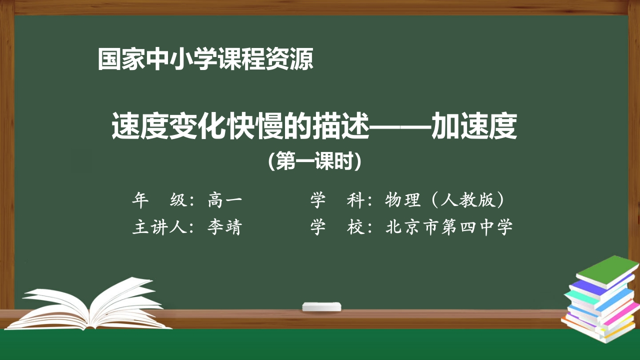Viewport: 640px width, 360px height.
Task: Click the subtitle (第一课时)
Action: tap(314, 161)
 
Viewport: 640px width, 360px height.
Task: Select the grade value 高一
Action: tap(225, 200)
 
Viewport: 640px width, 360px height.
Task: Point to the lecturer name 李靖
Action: tap(225, 227)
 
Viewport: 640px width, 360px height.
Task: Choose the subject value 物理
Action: tap(403, 200)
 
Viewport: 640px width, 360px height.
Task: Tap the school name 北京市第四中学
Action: tap(449, 227)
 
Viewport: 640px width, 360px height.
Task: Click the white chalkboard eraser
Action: tap(322, 306)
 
